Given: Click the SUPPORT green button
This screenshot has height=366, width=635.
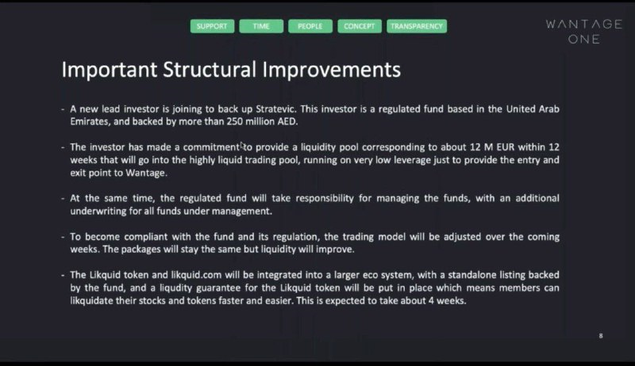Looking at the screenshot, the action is click(x=212, y=26).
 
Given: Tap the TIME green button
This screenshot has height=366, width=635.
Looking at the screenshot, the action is click(x=261, y=26).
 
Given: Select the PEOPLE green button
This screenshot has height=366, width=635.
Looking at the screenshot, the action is click(x=310, y=26).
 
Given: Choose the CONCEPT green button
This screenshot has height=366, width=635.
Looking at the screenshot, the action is click(x=360, y=26).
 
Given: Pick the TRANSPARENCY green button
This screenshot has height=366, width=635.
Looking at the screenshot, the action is click(x=417, y=26).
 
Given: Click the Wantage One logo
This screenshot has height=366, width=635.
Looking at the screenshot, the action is click(x=584, y=32).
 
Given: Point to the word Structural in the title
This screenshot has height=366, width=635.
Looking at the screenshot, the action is click(x=210, y=70).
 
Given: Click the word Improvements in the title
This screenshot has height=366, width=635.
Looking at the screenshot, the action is click(x=331, y=71).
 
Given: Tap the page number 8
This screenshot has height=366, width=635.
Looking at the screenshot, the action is click(x=601, y=336).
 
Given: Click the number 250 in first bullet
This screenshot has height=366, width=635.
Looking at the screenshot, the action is click(x=234, y=121).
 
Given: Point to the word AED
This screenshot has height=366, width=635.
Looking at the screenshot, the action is click(x=287, y=121).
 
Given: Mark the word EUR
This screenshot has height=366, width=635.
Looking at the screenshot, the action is click(x=506, y=147).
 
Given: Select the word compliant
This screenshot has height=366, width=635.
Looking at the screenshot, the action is click(x=146, y=237).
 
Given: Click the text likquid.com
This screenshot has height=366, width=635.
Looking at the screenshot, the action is click(x=196, y=276).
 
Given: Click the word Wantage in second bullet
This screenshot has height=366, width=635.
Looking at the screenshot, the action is click(x=146, y=173).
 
